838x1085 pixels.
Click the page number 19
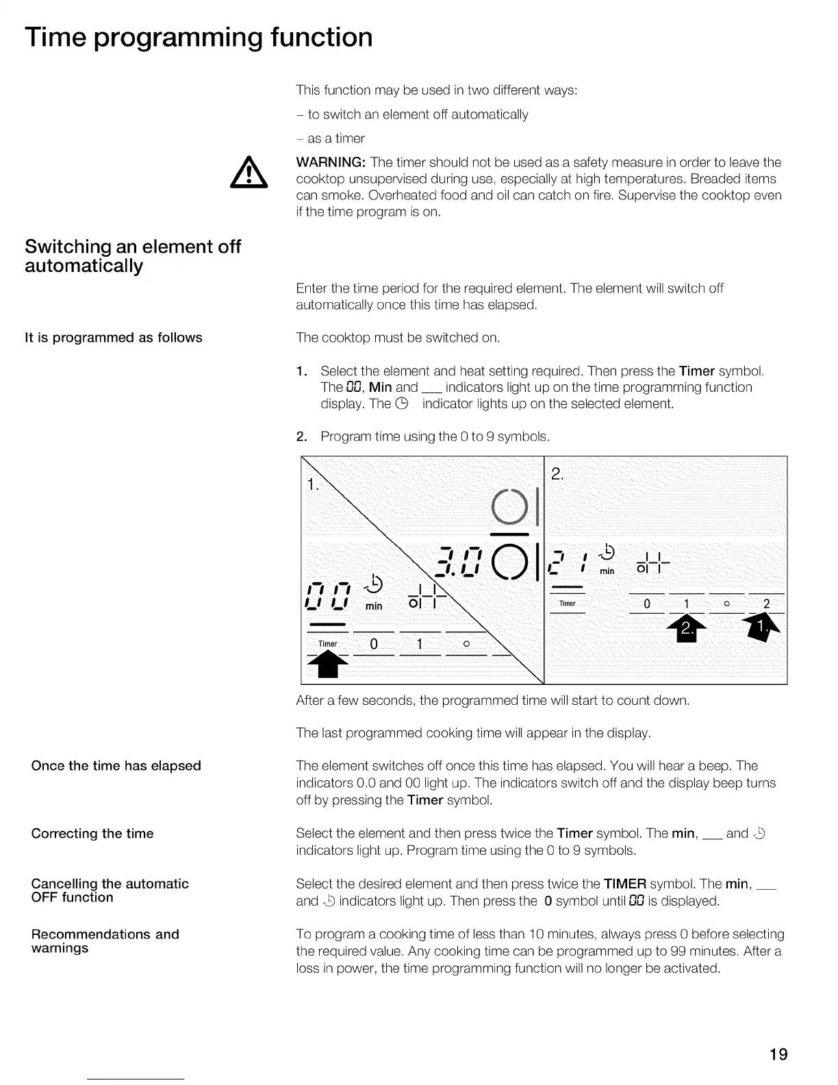pos(778,1053)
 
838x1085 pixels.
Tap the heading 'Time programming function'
pos(199,37)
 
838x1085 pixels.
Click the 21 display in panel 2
pos(568,562)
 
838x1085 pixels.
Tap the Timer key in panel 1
pos(328,644)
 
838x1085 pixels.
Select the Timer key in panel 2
pos(568,603)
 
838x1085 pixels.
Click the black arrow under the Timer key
pos(328,664)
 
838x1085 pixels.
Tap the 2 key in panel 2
pos(766,603)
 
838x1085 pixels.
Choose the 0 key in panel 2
pos(647,603)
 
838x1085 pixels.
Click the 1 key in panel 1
pos(420,644)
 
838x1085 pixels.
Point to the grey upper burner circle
pos(510,506)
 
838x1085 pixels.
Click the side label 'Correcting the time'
pos(92,834)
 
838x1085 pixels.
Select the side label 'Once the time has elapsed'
pos(116,766)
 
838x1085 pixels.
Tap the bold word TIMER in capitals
pos(625,884)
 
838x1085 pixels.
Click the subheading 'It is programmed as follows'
pos(114,338)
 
